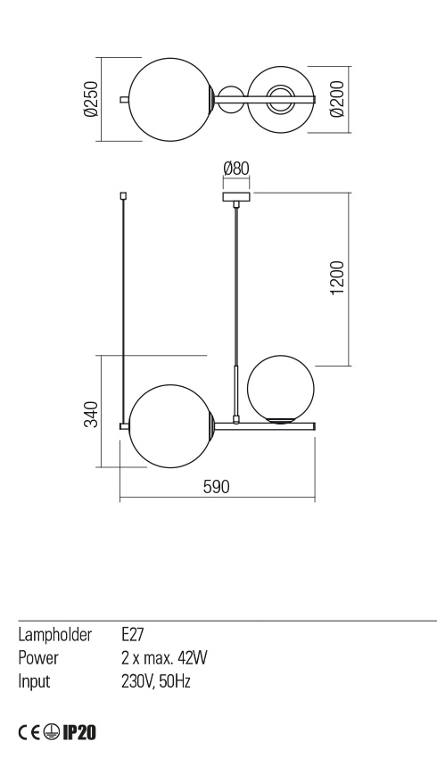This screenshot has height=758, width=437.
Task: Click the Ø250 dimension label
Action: click(x=90, y=99)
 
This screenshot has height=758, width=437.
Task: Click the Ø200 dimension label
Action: click(x=336, y=99)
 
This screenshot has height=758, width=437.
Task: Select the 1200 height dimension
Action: click(x=336, y=279)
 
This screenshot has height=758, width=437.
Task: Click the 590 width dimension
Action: click(x=217, y=487)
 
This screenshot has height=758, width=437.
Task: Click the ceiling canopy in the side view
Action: click(x=235, y=196)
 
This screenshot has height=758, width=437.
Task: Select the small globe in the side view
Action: click(x=281, y=388)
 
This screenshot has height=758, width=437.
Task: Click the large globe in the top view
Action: click(x=170, y=99)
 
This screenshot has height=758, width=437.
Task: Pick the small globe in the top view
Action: click(x=281, y=99)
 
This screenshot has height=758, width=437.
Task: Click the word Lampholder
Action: click(x=55, y=636)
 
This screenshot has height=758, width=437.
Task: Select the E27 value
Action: click(x=132, y=636)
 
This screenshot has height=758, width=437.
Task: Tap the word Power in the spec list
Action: click(x=39, y=658)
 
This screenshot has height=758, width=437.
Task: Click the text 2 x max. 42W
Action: click(x=164, y=658)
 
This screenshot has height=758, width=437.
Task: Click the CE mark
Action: click(x=29, y=733)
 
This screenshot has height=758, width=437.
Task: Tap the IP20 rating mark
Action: click(x=78, y=733)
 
